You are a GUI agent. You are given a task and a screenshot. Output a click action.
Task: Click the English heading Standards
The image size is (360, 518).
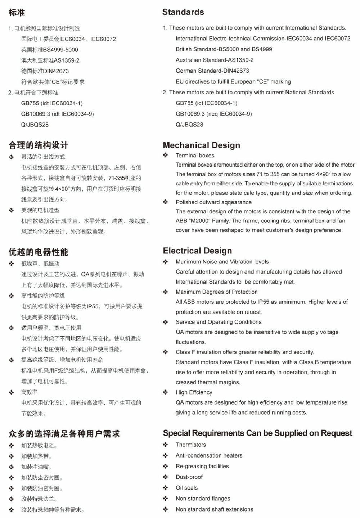(183, 12)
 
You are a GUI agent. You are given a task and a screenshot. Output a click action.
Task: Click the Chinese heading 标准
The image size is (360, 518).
(17, 13)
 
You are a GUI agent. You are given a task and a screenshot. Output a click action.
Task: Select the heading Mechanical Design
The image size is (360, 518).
(201, 145)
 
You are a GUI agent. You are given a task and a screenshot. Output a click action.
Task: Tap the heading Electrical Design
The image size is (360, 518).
(197, 251)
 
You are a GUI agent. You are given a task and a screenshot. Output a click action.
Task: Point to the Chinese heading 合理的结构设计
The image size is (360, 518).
(38, 145)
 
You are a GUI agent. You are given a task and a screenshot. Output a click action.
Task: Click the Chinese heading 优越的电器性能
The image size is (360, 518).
(38, 252)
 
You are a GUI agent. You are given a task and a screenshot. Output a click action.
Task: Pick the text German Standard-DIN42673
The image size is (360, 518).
(212, 71)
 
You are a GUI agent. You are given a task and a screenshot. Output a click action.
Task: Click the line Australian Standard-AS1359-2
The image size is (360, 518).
(214, 60)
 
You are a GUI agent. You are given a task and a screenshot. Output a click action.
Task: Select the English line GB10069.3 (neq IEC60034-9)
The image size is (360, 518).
(213, 114)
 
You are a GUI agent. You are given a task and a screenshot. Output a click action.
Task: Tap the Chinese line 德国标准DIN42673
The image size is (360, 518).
(45, 71)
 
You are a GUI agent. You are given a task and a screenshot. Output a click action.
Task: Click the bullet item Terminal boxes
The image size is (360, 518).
(195, 156)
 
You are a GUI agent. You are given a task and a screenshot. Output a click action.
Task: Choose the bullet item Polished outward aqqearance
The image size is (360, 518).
(213, 202)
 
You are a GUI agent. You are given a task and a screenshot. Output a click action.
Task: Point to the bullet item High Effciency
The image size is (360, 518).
(194, 392)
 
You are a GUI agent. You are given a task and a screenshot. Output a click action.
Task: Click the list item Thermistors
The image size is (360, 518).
(191, 445)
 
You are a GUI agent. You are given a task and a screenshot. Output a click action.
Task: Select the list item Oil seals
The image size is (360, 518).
(186, 488)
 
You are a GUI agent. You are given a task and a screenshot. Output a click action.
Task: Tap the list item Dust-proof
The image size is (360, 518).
(189, 477)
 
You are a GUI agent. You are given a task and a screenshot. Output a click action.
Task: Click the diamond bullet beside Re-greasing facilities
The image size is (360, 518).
(165, 467)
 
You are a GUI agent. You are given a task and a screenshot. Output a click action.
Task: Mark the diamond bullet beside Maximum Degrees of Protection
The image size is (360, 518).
(165, 292)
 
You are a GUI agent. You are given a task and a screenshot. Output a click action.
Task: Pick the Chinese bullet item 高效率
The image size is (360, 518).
(29, 392)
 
